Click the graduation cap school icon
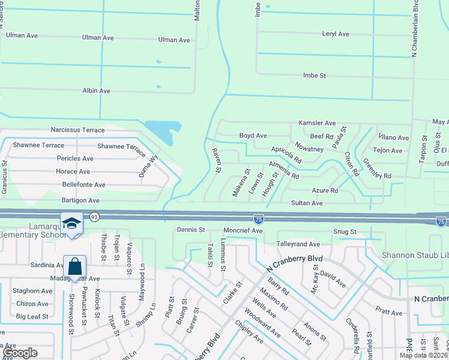tap(71, 224)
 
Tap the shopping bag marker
tap(74, 266)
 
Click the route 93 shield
tap(94, 216)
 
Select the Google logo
tap(19, 353)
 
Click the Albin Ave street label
tap(96, 91)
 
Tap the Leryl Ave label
tap(335, 34)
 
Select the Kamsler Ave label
tap(317, 123)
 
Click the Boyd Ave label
tap(253, 136)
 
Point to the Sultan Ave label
tap(307, 203)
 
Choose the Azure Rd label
tap(325, 191)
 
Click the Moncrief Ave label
tap(243, 230)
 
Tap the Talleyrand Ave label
tap(298, 244)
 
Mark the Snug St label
tap(345, 232)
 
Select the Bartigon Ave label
tap(76, 200)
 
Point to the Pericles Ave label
tap(75, 158)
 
